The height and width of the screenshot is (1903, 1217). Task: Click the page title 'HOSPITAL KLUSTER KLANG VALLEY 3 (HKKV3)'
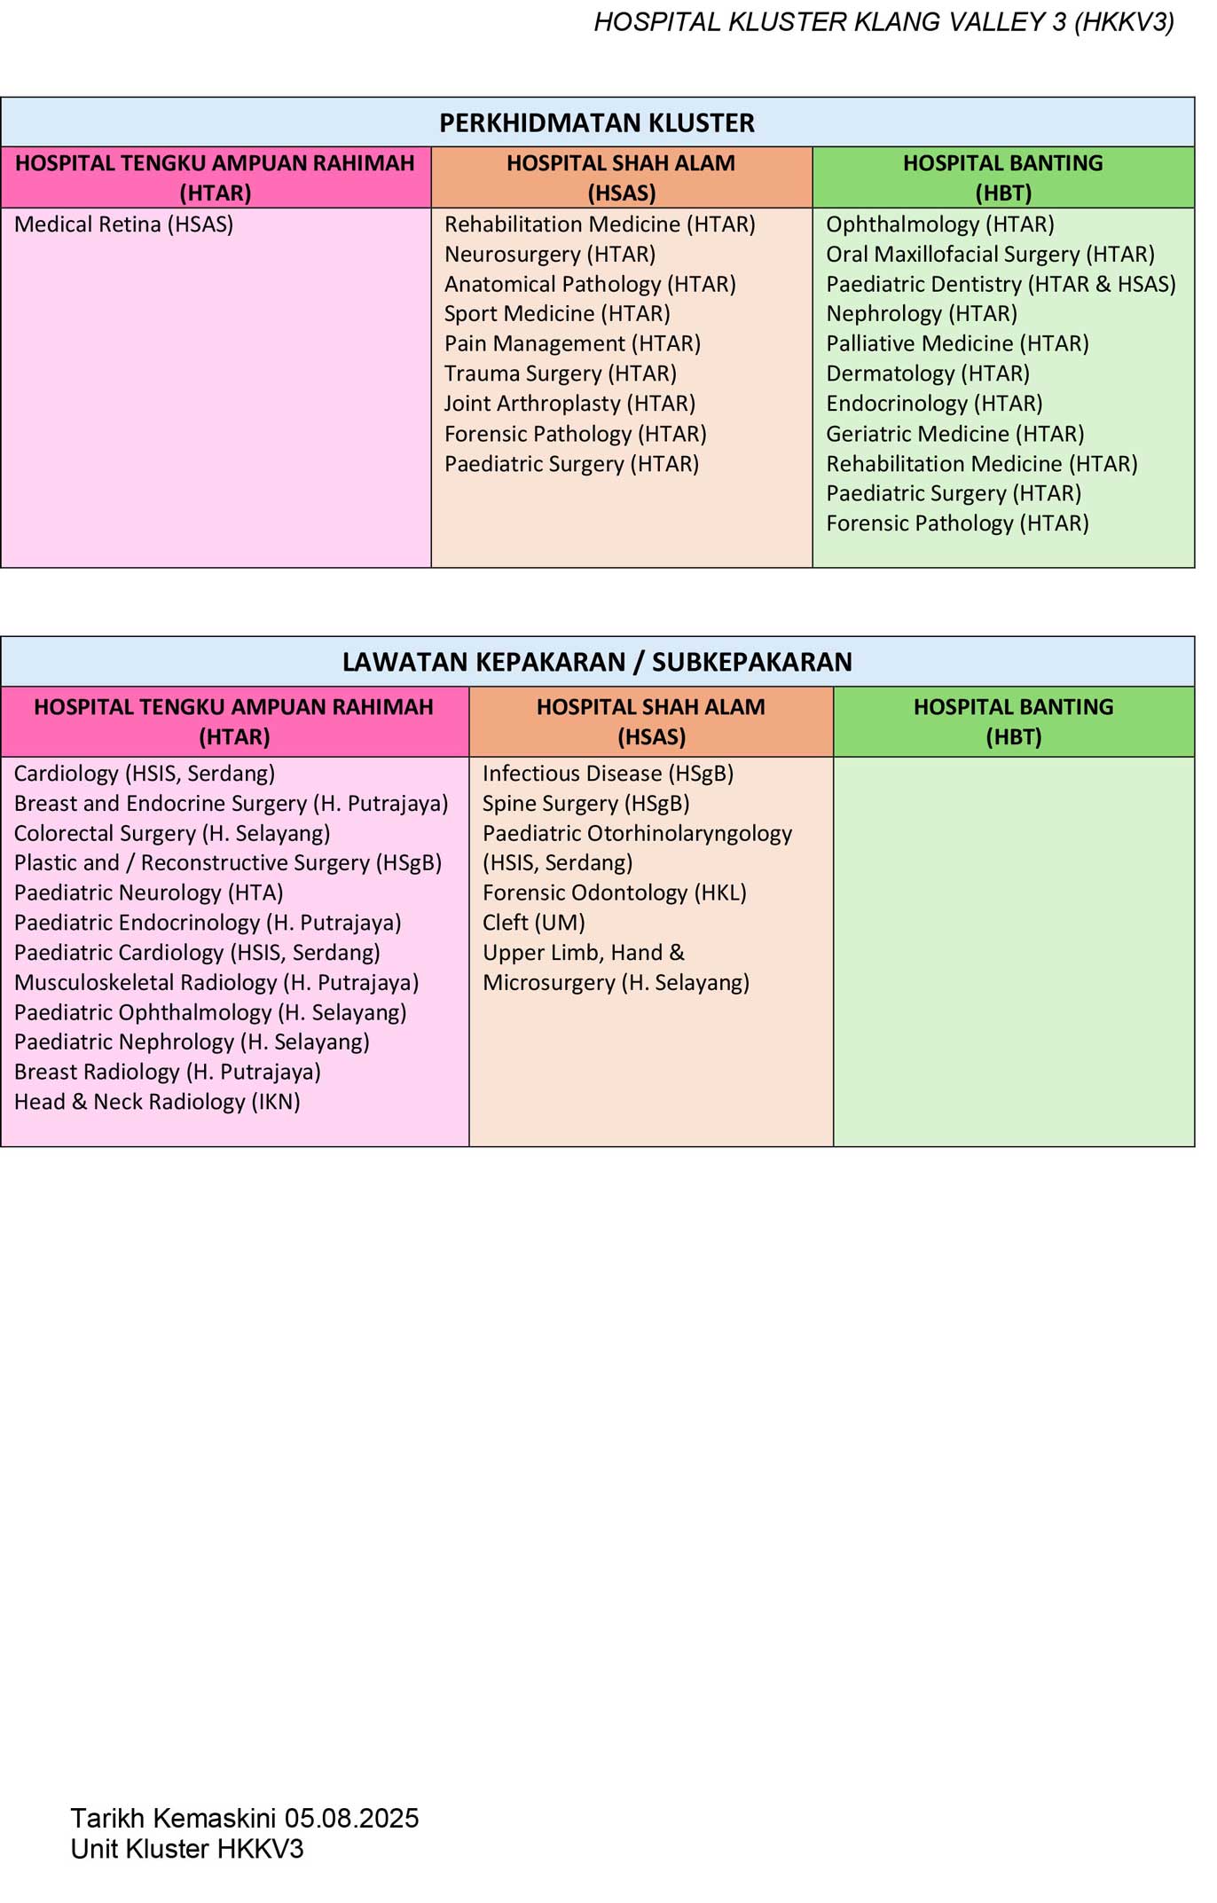tap(883, 22)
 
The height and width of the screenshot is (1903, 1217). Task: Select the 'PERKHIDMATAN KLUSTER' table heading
tap(597, 122)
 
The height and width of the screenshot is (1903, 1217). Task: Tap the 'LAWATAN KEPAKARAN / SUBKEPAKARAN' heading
tap(597, 662)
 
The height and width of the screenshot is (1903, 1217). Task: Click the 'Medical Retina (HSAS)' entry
tap(123, 224)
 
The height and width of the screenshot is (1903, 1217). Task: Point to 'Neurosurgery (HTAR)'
tap(550, 255)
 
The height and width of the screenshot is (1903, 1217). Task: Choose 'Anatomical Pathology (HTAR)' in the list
tap(590, 285)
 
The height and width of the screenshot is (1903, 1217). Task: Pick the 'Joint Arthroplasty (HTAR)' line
tap(569, 404)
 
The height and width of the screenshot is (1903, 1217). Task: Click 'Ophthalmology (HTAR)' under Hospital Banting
tap(940, 224)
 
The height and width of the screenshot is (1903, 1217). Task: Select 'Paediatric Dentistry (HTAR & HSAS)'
tap(1001, 285)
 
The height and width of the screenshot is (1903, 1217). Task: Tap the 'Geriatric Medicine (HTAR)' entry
tap(955, 434)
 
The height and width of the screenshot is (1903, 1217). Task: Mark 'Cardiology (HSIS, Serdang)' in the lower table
tap(145, 774)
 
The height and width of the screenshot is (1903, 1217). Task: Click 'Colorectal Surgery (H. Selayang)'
tap(172, 834)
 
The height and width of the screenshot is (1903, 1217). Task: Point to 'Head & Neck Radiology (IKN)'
tap(157, 1102)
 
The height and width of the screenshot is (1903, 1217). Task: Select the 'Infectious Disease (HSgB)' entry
tap(608, 774)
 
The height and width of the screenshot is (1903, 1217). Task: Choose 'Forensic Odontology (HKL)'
tap(614, 893)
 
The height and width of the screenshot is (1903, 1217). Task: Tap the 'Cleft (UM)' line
tap(533, 923)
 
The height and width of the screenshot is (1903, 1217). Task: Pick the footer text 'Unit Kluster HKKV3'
tap(187, 1849)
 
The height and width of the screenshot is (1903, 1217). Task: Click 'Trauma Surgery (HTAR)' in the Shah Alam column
tap(561, 374)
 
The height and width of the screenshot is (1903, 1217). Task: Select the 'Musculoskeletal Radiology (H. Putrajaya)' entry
tap(216, 983)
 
